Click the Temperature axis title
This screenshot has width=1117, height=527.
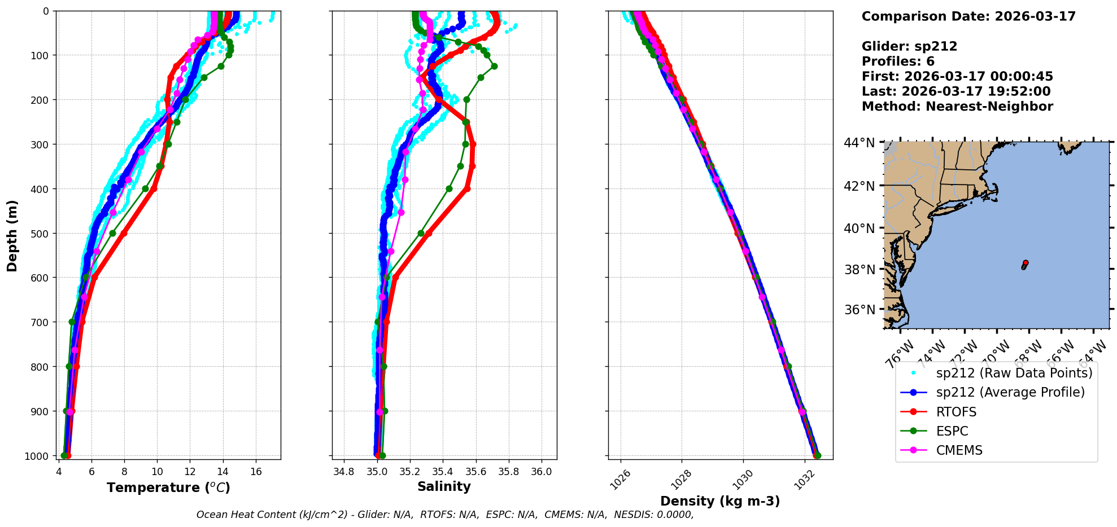point(168,488)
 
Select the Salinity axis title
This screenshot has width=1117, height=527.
point(444,487)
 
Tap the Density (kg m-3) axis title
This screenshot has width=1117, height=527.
point(720,501)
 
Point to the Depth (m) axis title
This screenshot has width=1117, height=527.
point(12,235)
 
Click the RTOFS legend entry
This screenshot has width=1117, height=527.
point(956,412)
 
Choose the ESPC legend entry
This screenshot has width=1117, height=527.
point(952,431)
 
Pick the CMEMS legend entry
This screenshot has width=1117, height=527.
point(959,450)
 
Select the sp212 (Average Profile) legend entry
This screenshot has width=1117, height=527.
point(1010,392)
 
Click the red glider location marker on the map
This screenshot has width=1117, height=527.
point(1026,263)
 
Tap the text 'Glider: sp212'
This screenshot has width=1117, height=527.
point(909,46)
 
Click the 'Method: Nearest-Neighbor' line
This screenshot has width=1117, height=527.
point(957,107)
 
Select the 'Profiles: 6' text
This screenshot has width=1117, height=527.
point(898,62)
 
